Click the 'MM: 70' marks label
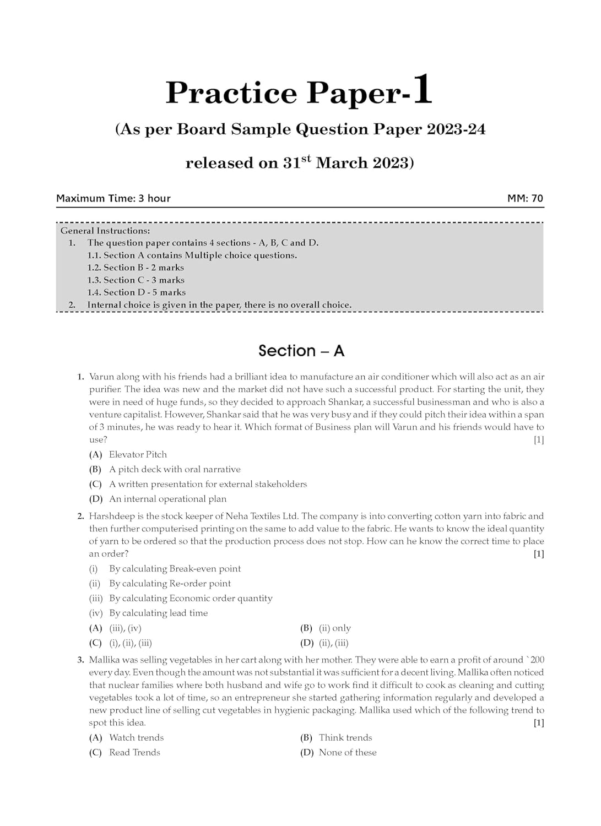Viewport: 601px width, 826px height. click(x=525, y=198)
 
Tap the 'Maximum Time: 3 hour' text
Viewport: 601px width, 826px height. click(x=113, y=198)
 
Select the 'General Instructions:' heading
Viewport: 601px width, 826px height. click(x=105, y=231)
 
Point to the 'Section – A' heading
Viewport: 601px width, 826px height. click(x=301, y=351)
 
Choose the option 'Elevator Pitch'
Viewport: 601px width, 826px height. click(x=138, y=454)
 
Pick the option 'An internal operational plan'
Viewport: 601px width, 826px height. click(x=167, y=499)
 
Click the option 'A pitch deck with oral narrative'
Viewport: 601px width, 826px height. click(x=175, y=469)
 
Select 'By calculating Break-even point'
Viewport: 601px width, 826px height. click(x=175, y=568)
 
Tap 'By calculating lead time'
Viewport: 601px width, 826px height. click(x=158, y=613)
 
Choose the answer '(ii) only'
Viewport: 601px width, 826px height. click(x=334, y=628)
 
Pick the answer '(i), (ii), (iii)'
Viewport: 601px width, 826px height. click(x=131, y=643)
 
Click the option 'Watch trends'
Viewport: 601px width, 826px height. click(x=136, y=737)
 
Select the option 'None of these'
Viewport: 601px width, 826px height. click(x=348, y=752)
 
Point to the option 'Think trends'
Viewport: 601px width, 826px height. click(x=345, y=737)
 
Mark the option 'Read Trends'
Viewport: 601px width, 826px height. click(x=134, y=752)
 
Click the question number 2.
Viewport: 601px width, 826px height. click(x=80, y=516)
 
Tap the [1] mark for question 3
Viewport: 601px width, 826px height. click(x=538, y=722)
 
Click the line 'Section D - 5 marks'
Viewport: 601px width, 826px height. click(x=136, y=292)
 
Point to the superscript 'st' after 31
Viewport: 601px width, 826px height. click(x=306, y=159)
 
